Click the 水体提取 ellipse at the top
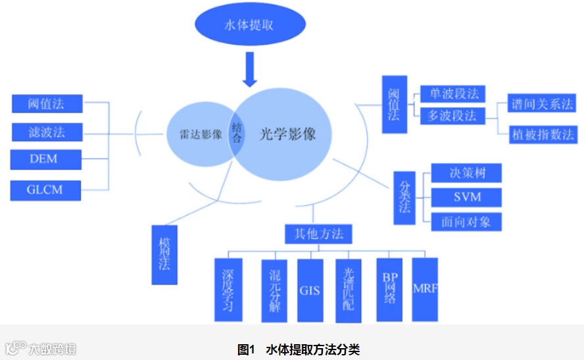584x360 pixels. coord(250,26)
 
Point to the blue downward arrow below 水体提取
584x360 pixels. coord(250,70)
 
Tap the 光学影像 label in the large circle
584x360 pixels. coord(287,134)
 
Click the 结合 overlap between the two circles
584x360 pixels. coord(237,134)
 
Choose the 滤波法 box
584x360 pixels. coord(47,132)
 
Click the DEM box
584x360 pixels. coord(45,159)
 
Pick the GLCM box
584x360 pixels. coord(45,190)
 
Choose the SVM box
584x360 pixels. coord(466,197)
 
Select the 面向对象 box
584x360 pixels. coord(466,221)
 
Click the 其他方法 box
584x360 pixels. coord(318,234)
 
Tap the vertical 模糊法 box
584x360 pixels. coord(164,255)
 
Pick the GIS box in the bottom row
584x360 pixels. coord(310,290)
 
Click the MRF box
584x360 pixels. coord(425,290)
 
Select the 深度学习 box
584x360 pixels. coord(228,290)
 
